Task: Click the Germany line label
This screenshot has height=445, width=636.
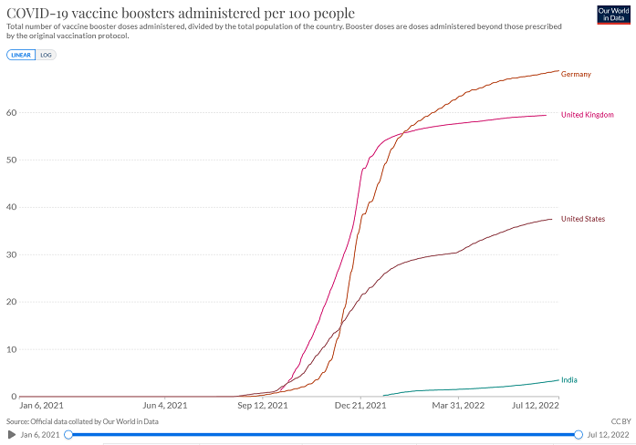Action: (576, 74)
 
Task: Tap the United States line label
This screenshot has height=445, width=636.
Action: (582, 219)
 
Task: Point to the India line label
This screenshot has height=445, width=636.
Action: (568, 379)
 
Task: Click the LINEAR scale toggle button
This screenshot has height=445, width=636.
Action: (21, 55)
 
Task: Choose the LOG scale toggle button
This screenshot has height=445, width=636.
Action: (46, 55)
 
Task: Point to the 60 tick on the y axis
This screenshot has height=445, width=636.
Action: (11, 112)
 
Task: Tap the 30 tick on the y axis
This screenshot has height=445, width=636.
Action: (11, 254)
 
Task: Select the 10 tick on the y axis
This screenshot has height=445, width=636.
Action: (11, 349)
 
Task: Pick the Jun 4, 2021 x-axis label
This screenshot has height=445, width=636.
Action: (165, 405)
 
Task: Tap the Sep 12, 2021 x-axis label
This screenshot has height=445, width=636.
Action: (263, 405)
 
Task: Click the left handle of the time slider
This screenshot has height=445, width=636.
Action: (68, 435)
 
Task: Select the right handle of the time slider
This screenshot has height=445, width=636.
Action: (579, 435)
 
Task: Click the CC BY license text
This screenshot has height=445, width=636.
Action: (620, 421)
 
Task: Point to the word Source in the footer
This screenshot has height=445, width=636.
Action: (17, 421)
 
